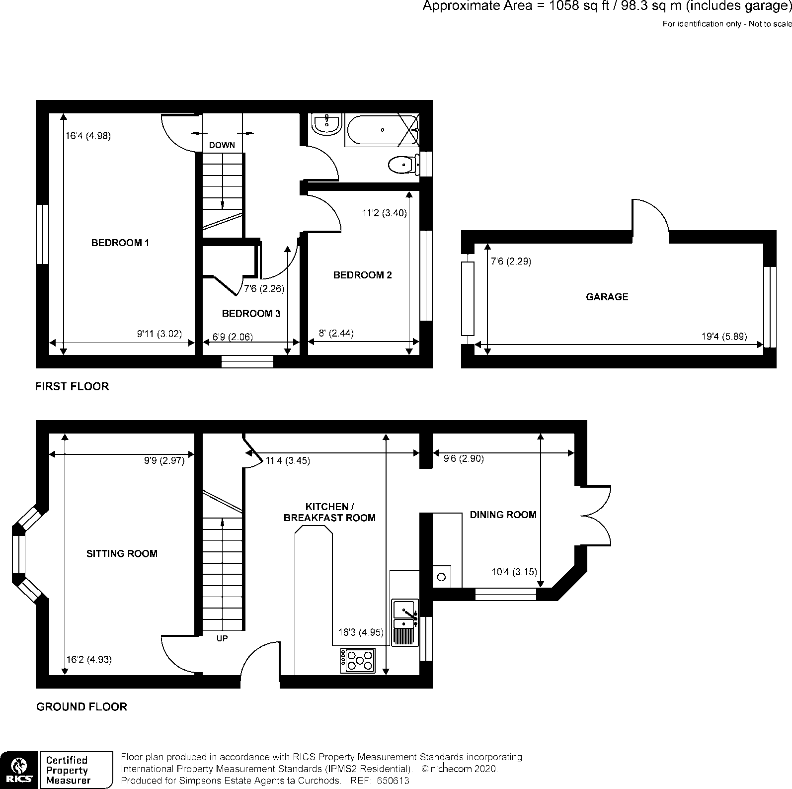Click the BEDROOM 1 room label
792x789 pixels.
click(x=120, y=243)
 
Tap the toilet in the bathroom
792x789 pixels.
click(x=401, y=165)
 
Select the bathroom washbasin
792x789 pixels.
click(x=327, y=123)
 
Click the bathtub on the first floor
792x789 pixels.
click(x=382, y=130)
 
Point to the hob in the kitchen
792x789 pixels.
click(x=358, y=661)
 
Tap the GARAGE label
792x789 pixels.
click(x=607, y=297)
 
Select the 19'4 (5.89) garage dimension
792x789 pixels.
click(x=724, y=337)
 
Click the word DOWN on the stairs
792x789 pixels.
click(x=222, y=146)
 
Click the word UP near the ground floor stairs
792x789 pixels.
click(x=222, y=638)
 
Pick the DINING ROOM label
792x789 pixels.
click(x=503, y=515)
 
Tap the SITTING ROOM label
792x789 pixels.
click(x=122, y=553)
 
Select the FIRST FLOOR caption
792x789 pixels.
click(x=72, y=386)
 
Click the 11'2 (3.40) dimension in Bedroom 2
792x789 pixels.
click(x=384, y=213)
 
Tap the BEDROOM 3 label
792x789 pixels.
click(x=251, y=314)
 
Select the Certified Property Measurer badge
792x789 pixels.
click(x=76, y=770)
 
